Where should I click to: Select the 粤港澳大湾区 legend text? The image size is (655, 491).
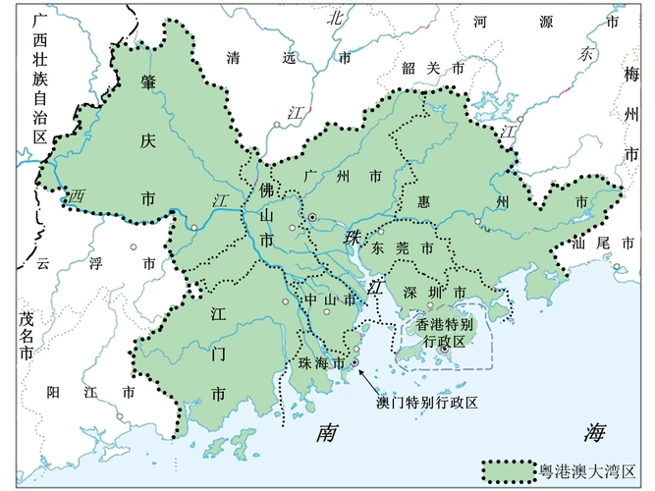click(x=588, y=471)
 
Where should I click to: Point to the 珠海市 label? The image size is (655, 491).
click(x=320, y=363)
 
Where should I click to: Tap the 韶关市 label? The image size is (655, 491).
click(x=433, y=68)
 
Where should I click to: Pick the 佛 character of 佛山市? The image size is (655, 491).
click(x=265, y=187)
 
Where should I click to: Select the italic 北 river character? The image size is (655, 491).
click(x=336, y=17)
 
